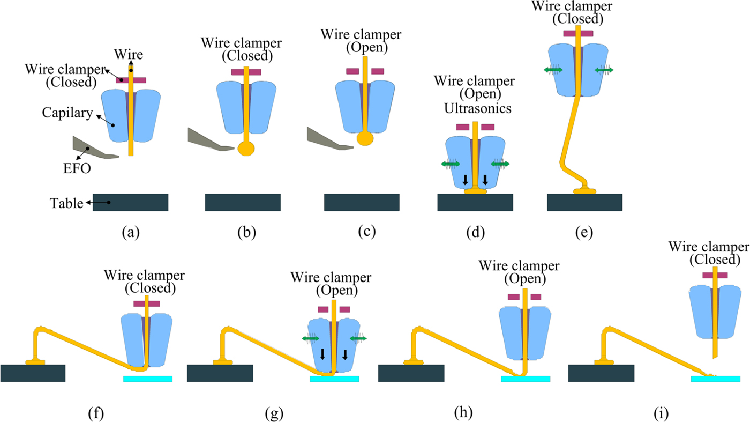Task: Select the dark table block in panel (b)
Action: tap(243, 203)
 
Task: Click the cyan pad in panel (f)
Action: tap(148, 379)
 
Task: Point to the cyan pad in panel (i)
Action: tap(715, 379)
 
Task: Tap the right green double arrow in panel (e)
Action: tap(604, 70)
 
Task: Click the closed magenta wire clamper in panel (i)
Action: tap(715, 275)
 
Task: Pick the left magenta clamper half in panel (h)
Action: tap(514, 297)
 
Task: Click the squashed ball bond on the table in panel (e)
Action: tap(584, 190)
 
